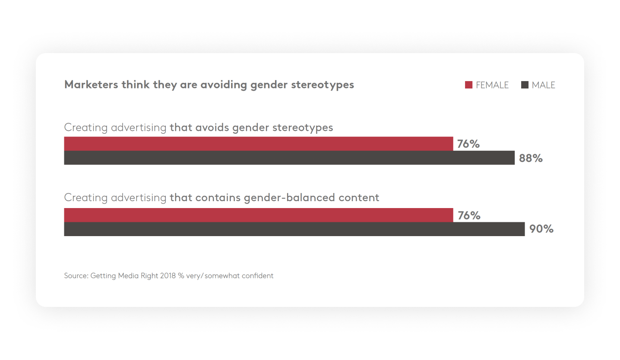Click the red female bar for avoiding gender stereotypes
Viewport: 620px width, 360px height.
pos(259,144)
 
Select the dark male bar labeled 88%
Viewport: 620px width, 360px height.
pos(289,158)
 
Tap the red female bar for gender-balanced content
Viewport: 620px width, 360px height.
pos(259,215)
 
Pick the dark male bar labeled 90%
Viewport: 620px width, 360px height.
pos(294,229)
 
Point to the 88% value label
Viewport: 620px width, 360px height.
pos(531,158)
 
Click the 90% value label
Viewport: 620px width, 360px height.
pos(541,229)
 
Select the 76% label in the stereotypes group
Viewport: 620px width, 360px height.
pos(468,144)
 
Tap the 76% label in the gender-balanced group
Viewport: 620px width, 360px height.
pos(469,215)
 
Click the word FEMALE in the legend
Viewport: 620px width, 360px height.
pos(492,85)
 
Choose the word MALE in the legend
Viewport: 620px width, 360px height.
pos(543,85)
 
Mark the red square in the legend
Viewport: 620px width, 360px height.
pos(468,85)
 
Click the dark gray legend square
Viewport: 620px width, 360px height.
pos(525,85)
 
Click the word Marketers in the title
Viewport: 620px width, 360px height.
pos(91,85)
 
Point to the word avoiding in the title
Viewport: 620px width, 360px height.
pos(224,85)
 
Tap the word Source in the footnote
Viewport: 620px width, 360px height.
pos(76,275)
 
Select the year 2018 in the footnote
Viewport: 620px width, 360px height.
pos(168,275)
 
